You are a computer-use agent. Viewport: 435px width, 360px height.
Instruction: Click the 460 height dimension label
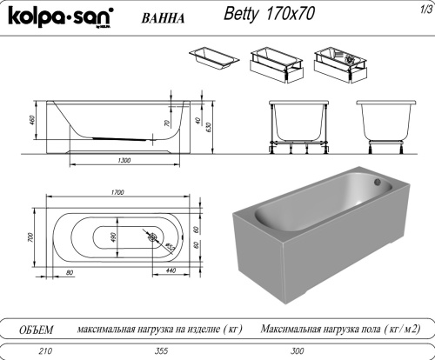pyautogui.click(x=32, y=120)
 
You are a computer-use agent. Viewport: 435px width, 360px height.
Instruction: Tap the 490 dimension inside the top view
pyautogui.click(x=111, y=237)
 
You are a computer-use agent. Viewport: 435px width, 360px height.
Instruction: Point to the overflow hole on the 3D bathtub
pyautogui.click(x=377, y=183)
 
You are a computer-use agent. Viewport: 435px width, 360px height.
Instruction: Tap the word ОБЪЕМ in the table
pyautogui.click(x=37, y=330)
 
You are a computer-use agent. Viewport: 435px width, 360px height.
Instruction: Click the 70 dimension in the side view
pyautogui.click(x=167, y=123)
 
